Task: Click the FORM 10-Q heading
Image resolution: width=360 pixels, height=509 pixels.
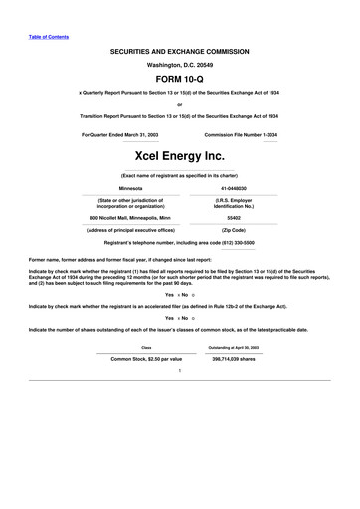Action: click(x=179, y=78)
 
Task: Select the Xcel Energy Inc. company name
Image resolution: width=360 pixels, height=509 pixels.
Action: click(x=179, y=156)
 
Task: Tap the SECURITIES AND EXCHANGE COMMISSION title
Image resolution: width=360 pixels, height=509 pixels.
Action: click(x=179, y=49)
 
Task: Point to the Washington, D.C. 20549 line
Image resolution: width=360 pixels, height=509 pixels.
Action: click(x=179, y=63)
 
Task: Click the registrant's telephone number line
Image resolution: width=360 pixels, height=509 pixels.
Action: click(x=179, y=242)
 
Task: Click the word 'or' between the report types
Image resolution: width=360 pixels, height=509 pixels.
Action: click(x=179, y=104)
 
